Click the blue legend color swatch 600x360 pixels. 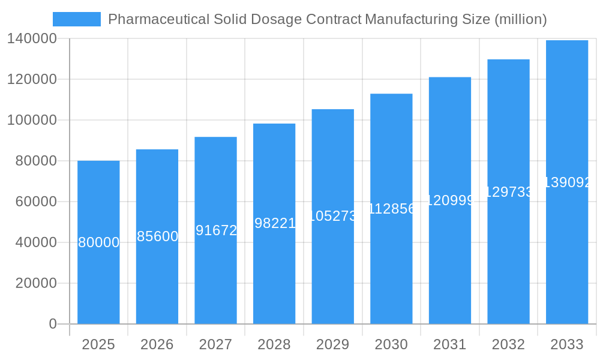[77, 19]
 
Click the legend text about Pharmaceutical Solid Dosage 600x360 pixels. [327, 19]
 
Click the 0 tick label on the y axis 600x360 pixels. [52, 324]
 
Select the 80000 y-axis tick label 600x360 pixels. [35, 161]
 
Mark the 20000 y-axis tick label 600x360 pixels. [35, 283]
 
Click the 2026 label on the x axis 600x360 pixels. [157, 344]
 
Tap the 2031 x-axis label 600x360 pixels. [449, 344]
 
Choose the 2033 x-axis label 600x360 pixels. [567, 344]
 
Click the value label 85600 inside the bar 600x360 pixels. [157, 236]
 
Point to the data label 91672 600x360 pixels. [216, 230]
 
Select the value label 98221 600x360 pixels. [274, 223]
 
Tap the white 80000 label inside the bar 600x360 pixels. [98, 242]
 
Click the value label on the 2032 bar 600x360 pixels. [508, 192]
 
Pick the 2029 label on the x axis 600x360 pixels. [332, 344]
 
